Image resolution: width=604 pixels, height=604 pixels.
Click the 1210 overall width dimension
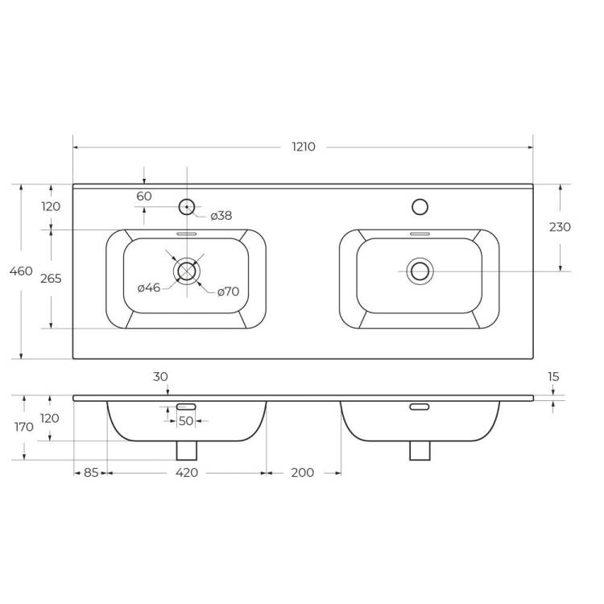[x=304, y=147]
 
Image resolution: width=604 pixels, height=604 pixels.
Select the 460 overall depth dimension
[x=21, y=271]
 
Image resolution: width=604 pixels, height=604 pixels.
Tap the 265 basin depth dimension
[x=51, y=278]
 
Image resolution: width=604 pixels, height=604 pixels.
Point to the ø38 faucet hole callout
[x=221, y=216]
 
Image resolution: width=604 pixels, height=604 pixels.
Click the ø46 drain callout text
[x=149, y=288]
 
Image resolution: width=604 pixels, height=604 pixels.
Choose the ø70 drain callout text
[x=228, y=292]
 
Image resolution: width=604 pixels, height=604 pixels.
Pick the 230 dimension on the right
[x=560, y=227]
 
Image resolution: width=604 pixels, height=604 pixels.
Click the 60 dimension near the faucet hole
[x=144, y=196]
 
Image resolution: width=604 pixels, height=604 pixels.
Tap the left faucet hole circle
[x=187, y=207]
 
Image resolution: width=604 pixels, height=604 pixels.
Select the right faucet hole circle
[x=420, y=207]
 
